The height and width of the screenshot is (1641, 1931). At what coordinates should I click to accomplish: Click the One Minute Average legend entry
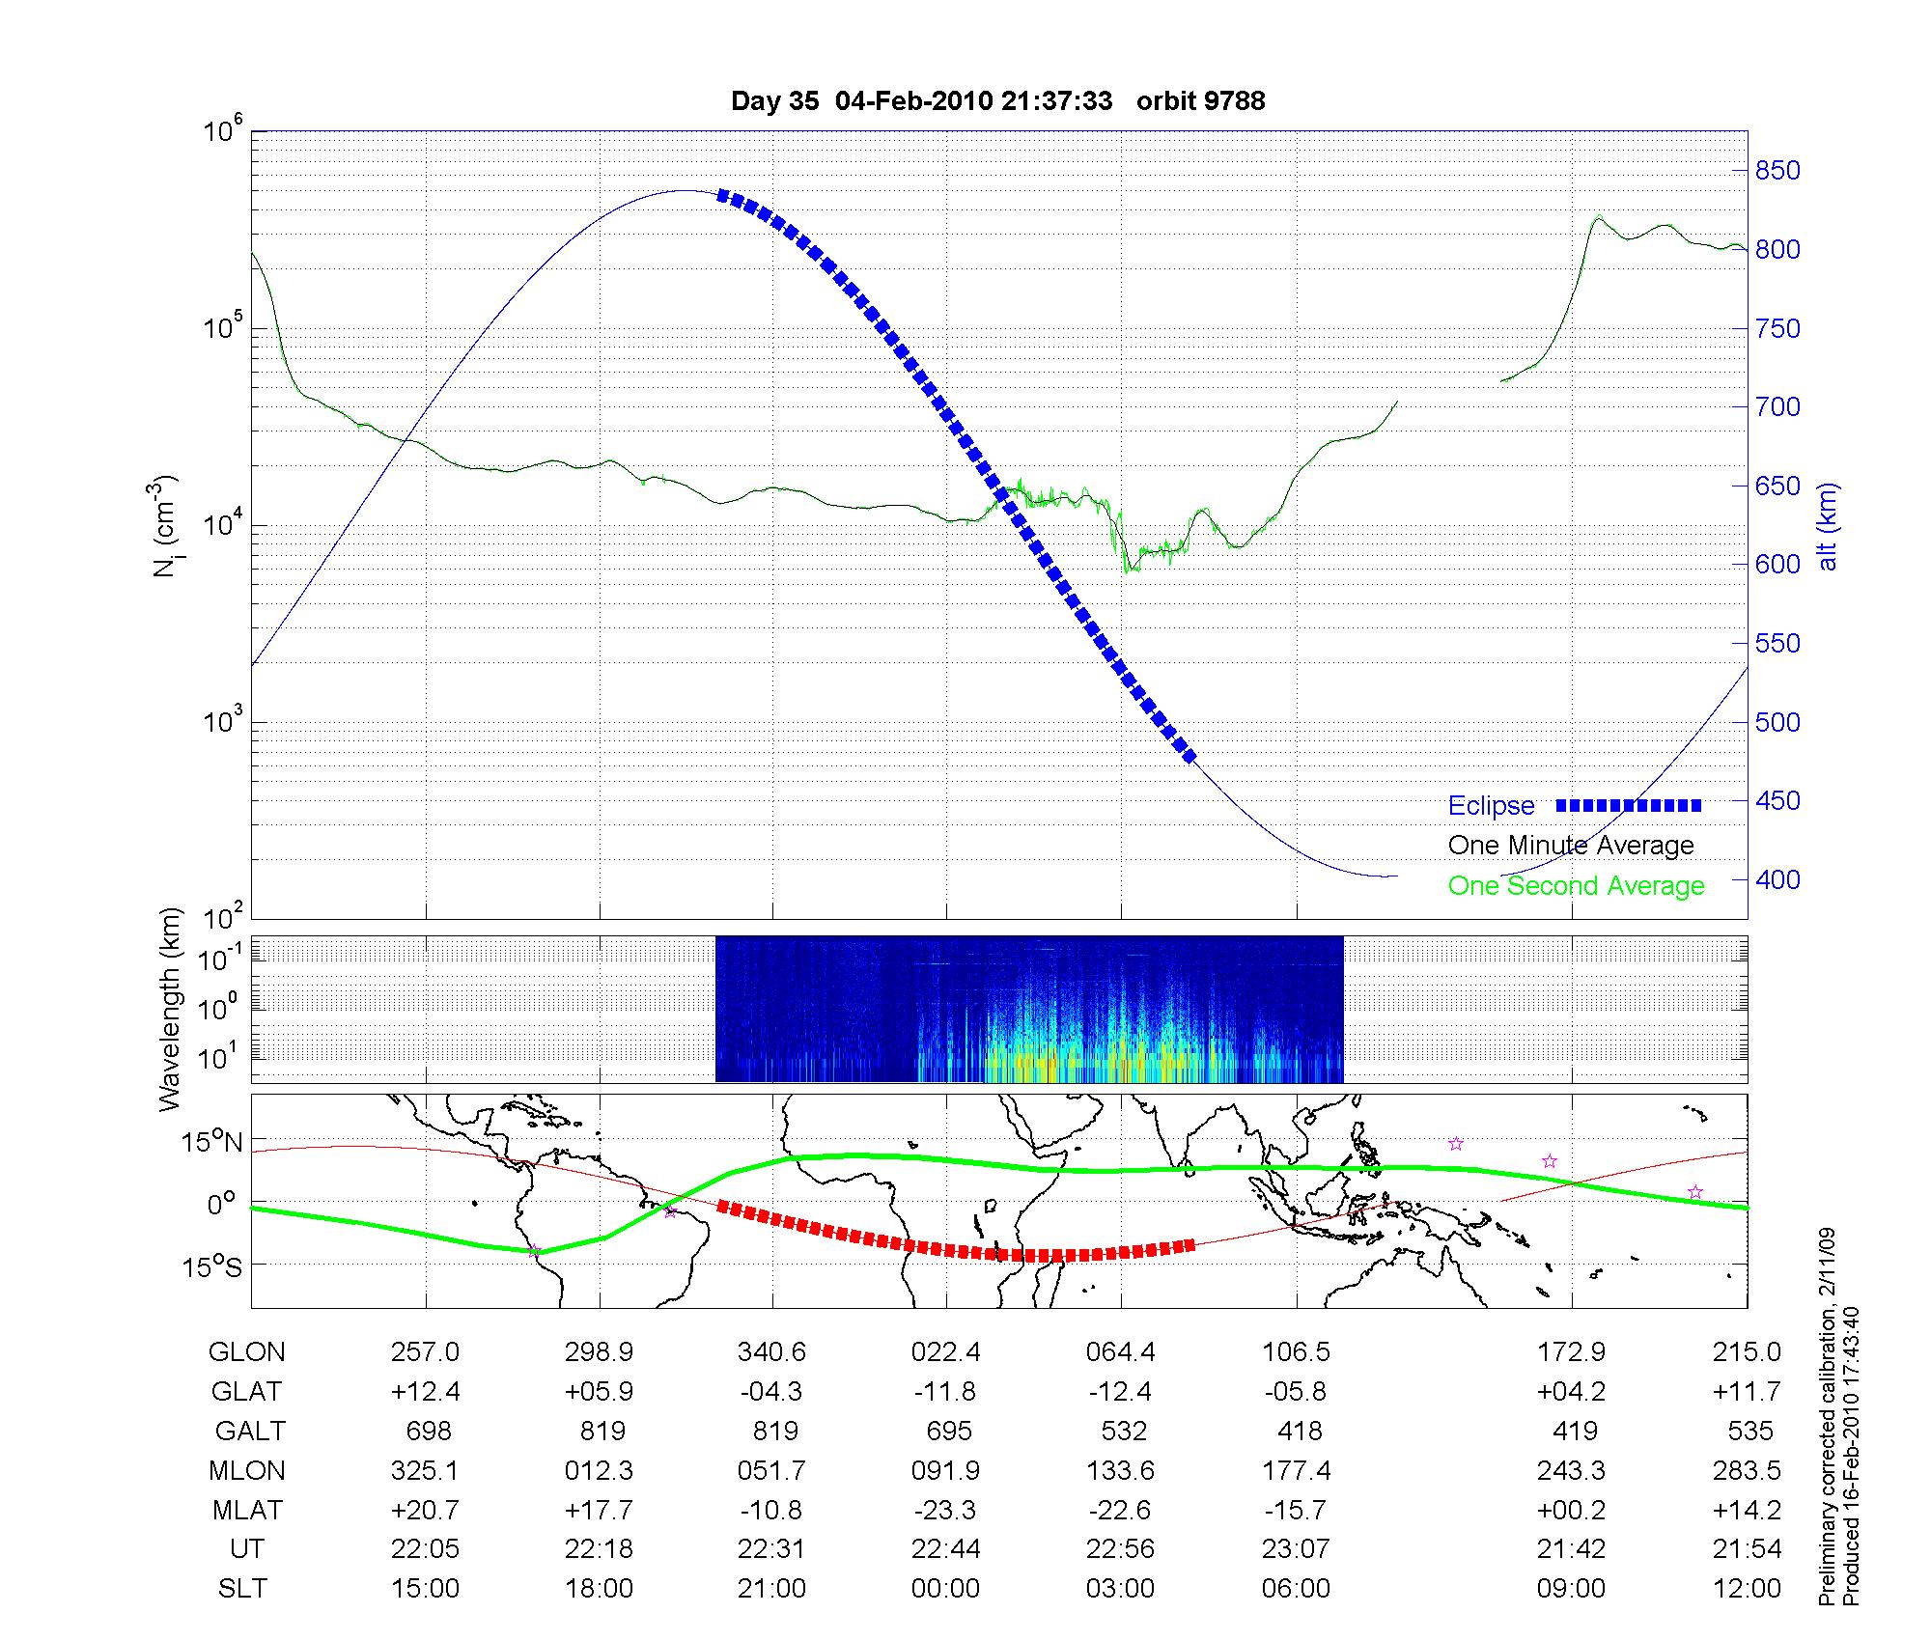1571,846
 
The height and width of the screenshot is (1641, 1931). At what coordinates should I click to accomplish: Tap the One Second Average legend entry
1576,886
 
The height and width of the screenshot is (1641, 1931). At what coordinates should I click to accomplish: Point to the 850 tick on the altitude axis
1777,171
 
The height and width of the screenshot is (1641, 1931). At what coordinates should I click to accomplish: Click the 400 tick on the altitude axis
1777,879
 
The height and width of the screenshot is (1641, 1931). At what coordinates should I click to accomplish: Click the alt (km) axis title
1828,526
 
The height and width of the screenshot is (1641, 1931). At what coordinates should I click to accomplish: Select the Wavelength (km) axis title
171,1009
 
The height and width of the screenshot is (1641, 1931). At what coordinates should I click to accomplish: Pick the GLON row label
246,1352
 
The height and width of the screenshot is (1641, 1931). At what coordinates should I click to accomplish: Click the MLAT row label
246,1510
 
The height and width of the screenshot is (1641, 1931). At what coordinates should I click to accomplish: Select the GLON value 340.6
771,1352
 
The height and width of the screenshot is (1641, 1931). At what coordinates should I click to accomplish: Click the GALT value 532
1123,1431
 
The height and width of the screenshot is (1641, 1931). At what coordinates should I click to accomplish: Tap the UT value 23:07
1295,1549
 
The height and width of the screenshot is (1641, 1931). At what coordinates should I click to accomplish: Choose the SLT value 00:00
945,1589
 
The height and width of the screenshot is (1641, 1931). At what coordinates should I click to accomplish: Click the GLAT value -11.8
945,1392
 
